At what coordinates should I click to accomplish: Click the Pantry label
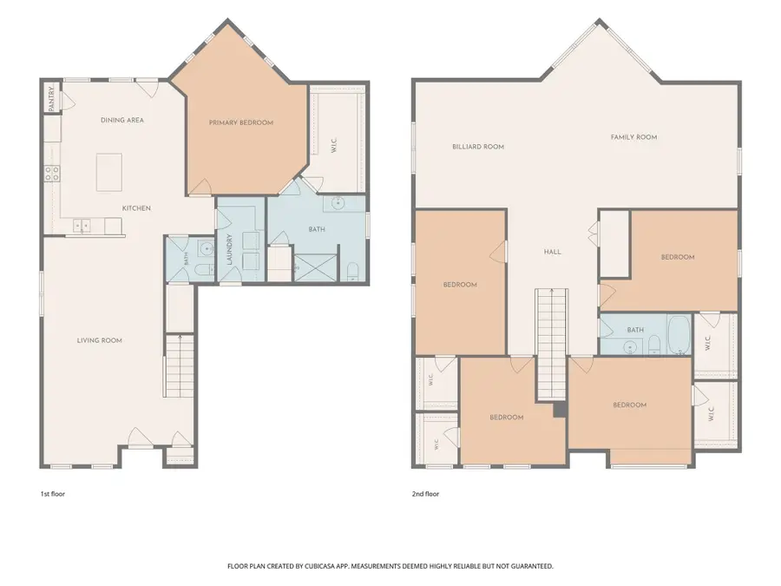(51, 99)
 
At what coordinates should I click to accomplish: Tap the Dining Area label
(122, 120)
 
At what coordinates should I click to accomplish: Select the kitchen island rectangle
(109, 173)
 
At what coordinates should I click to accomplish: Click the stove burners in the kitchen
(52, 174)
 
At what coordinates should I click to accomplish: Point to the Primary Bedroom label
(241, 122)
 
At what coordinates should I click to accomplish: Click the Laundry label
(230, 249)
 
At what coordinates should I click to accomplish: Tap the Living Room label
(100, 340)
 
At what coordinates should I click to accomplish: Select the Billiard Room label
(478, 147)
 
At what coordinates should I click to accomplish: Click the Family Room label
(633, 137)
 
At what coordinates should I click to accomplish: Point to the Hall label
(553, 252)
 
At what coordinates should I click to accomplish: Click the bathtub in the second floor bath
(679, 334)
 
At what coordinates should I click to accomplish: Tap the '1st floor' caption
(52, 494)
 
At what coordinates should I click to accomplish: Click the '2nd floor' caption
(425, 494)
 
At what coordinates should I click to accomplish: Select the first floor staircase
(180, 366)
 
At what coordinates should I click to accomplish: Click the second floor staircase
(551, 344)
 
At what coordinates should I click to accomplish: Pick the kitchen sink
(82, 226)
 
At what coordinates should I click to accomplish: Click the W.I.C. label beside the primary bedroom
(334, 146)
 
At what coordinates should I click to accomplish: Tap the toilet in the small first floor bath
(204, 270)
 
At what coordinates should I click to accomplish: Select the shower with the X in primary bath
(316, 268)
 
